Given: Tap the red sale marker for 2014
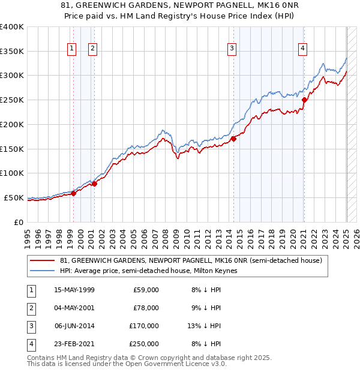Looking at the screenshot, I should click(233, 139).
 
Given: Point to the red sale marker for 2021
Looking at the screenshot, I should click(304, 100).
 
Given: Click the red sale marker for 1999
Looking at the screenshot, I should click(74, 193).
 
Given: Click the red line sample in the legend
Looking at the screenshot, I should click(42, 260).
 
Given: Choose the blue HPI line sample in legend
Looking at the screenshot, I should click(42, 271).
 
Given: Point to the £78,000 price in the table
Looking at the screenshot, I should click(147, 308).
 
